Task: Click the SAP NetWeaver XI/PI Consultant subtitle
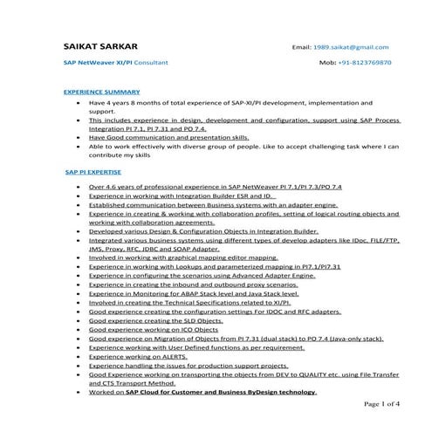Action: pos(116,64)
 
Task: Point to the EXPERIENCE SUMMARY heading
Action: pos(101,91)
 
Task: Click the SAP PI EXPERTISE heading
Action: pos(93,173)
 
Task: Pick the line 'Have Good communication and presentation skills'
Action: pos(168,136)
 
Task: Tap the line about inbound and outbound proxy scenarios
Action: pos(193,284)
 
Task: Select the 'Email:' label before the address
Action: pos(302,47)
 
